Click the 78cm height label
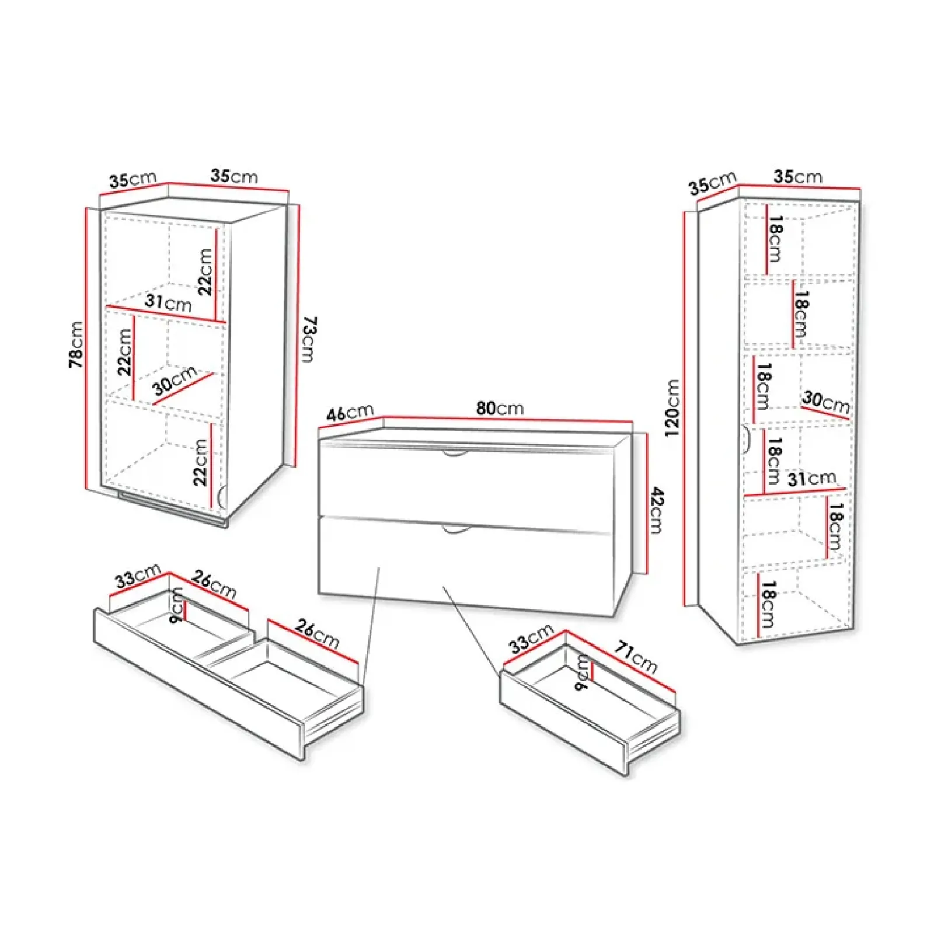(x=76, y=344)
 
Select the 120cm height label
(x=672, y=407)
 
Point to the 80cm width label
(x=500, y=408)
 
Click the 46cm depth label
(x=350, y=413)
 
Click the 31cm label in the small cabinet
(x=168, y=302)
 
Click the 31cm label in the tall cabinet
(x=811, y=479)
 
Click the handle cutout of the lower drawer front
(x=456, y=529)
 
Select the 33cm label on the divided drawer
(x=138, y=576)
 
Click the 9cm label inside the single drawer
(x=581, y=672)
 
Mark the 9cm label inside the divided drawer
(x=176, y=605)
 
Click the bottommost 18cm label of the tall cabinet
(x=768, y=604)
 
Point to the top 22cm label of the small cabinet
(x=205, y=271)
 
